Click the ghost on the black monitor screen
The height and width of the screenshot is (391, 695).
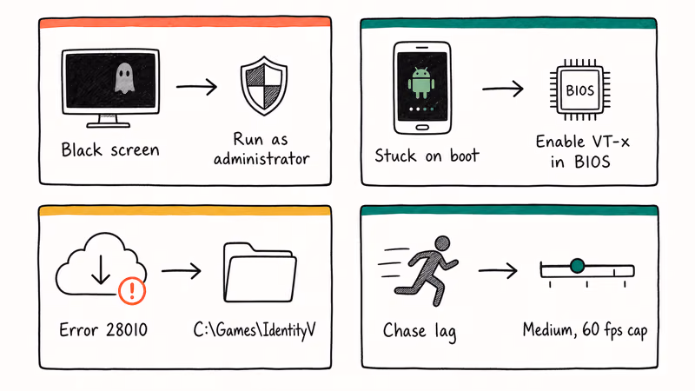tap(124, 78)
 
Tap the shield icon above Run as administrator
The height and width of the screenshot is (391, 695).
tap(264, 85)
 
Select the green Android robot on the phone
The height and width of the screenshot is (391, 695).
tap(420, 83)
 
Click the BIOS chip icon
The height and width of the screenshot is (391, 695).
tap(579, 90)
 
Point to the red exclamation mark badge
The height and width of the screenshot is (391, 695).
tap(132, 291)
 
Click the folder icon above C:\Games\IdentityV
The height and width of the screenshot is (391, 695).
tap(260, 272)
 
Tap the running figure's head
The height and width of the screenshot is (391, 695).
tap(442, 243)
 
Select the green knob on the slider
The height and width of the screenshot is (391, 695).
tap(577, 266)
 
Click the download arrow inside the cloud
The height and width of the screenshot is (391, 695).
tap(101, 269)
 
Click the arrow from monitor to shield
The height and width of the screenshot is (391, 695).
tap(196, 87)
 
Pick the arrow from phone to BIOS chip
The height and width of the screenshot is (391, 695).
tap(503, 89)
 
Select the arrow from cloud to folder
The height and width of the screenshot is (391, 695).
tap(182, 270)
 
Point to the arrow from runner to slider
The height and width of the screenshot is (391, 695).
tap(498, 270)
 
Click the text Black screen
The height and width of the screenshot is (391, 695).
tap(110, 149)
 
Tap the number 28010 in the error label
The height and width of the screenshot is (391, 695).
tap(127, 330)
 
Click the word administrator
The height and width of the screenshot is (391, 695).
tap(261, 158)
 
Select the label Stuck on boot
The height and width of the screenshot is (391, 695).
tap(427, 156)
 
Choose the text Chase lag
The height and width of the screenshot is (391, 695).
tap(420, 332)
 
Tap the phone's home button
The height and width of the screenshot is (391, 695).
tap(422, 128)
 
